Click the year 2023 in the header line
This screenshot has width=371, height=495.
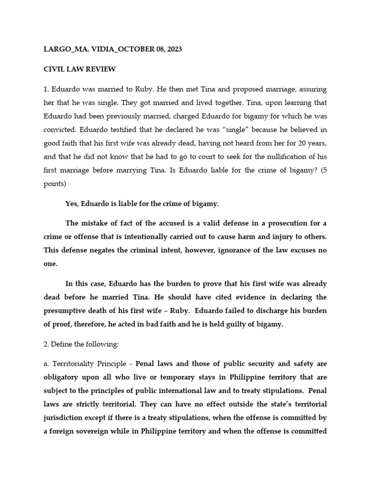click(172, 49)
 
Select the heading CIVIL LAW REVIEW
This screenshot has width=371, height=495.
click(80, 69)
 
